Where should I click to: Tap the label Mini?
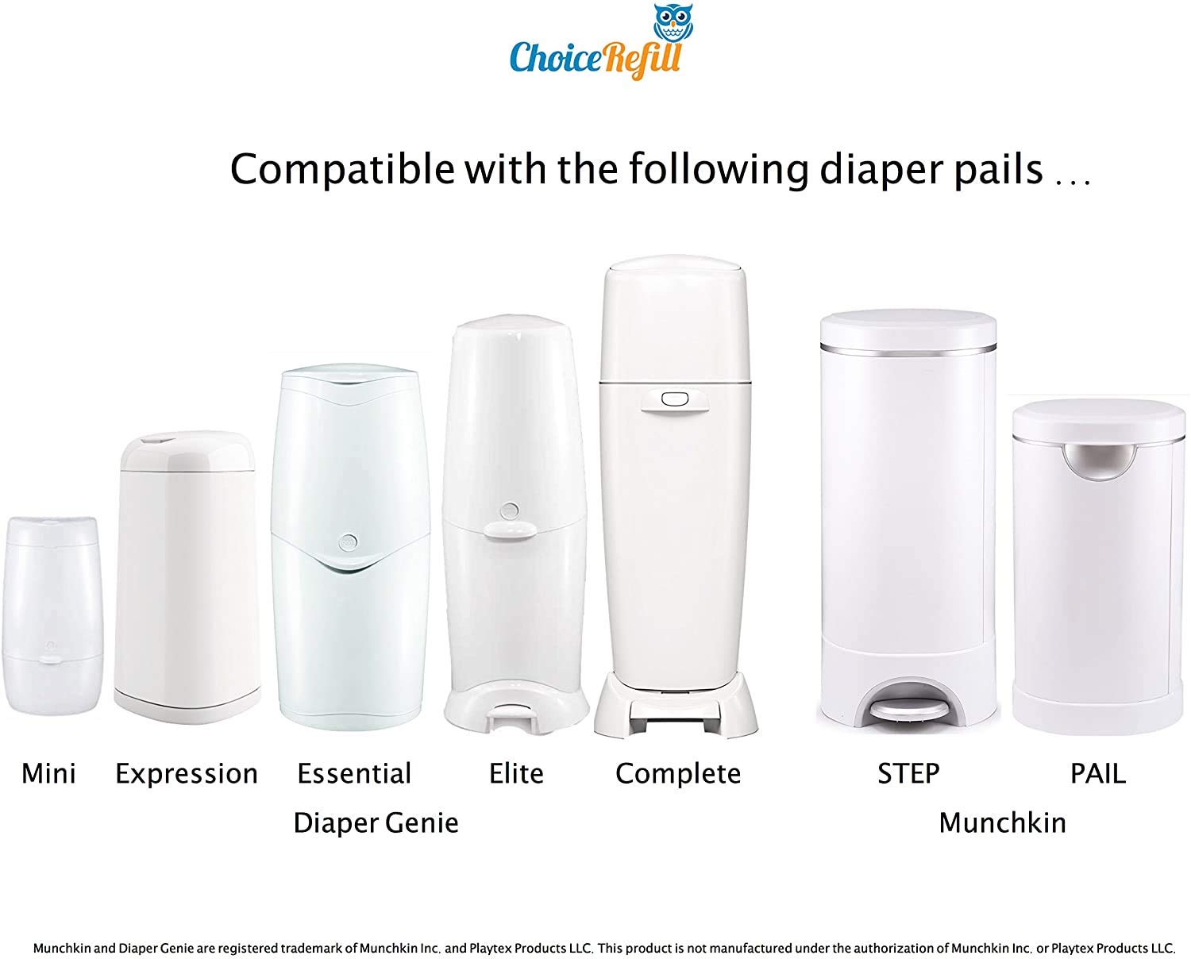(x=48, y=773)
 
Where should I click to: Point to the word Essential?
(x=354, y=773)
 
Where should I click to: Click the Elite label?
(x=516, y=773)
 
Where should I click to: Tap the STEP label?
(x=908, y=773)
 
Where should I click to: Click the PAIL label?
(x=1098, y=773)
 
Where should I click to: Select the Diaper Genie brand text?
(x=376, y=823)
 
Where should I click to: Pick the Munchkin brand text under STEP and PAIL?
(x=1002, y=823)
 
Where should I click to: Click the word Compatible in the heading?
(x=341, y=170)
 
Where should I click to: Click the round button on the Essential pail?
(x=348, y=542)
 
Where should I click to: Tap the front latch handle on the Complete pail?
(x=675, y=401)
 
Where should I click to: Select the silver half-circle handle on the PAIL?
(x=1099, y=464)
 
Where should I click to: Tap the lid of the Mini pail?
(x=53, y=531)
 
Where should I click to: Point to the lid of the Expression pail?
(x=188, y=452)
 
